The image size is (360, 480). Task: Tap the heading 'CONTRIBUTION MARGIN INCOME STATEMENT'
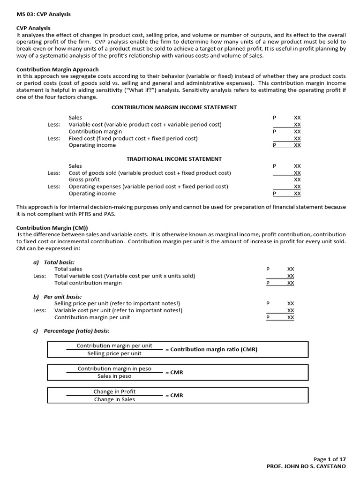tap(174, 107)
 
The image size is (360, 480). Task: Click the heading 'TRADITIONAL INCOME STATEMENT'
tap(174, 159)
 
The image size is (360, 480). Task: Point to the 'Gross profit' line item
tap(84, 180)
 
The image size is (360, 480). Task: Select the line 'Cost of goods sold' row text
tap(150, 173)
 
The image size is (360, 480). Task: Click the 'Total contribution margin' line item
tap(88, 283)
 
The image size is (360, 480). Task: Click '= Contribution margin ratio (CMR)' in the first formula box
tap(211, 350)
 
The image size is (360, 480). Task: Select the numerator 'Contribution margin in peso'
tap(114, 369)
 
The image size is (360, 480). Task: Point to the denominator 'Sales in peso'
tap(114, 376)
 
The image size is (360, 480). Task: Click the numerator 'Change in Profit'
tap(114, 392)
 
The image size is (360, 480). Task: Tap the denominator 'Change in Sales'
tap(114, 399)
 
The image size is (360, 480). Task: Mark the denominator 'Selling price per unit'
tap(114, 353)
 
